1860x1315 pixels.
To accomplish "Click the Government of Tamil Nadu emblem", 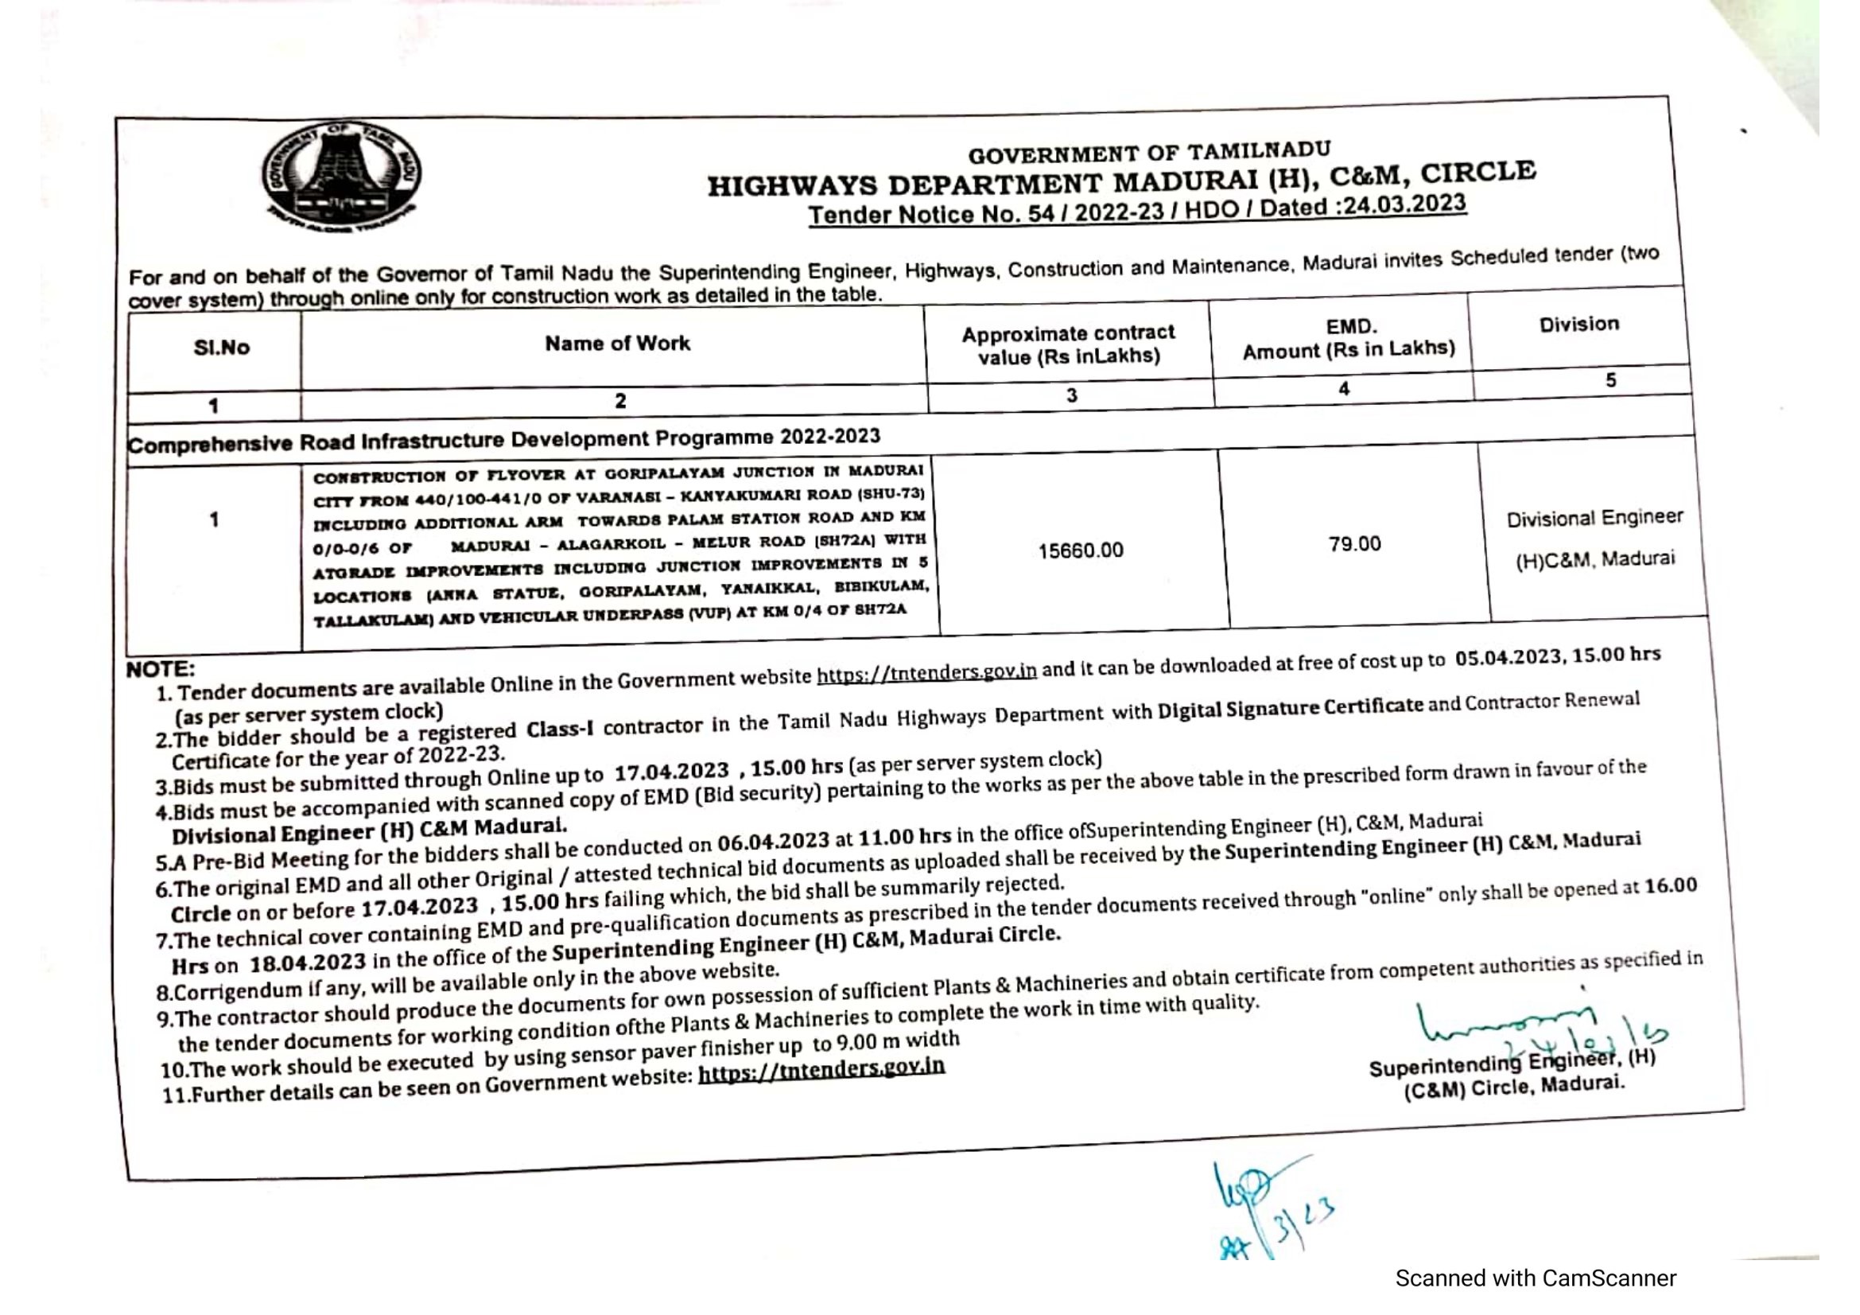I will click(341, 177).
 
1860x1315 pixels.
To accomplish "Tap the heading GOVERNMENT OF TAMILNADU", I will click(1149, 152).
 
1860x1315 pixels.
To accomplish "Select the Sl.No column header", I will click(221, 348).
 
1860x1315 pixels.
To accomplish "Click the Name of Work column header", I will click(617, 344).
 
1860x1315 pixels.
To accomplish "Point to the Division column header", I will click(1579, 324).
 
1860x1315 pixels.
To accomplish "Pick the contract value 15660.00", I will click(1081, 551).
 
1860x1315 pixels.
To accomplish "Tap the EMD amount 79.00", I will click(1353, 543).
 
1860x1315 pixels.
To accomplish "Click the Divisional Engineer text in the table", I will click(1594, 518).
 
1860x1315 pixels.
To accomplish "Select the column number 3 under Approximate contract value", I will click(1071, 395).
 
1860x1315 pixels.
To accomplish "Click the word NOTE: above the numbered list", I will click(161, 669).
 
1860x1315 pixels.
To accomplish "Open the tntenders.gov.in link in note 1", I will click(926, 673).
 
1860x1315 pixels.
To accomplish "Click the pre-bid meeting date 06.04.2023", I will click(773, 842).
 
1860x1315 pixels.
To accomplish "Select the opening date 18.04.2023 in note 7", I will click(308, 963).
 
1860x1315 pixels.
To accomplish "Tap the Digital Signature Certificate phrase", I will click(1290, 707).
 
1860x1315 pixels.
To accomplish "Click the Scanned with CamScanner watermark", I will click(1535, 1278).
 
